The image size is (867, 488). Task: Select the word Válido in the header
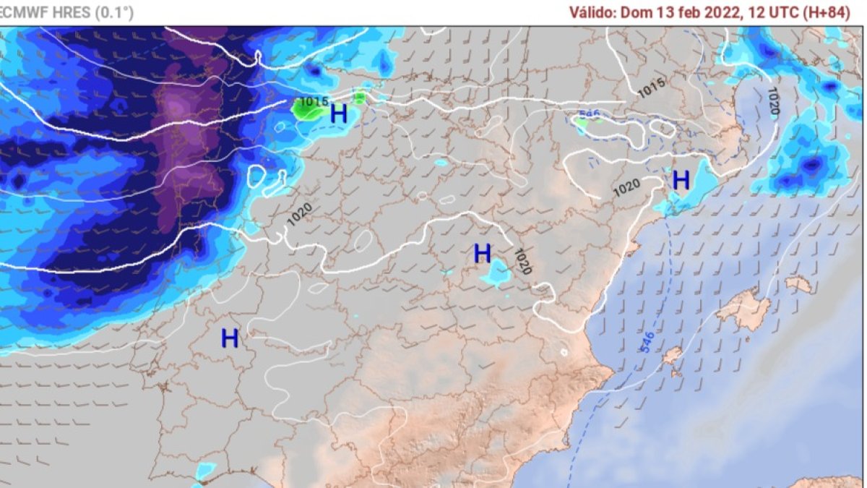[591, 13]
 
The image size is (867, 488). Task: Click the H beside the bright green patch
[339, 114]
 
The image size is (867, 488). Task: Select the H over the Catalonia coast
[681, 180]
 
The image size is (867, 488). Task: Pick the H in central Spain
[482, 254]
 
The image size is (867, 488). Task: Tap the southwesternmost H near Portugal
[230, 338]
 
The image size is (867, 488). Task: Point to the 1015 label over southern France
[650, 87]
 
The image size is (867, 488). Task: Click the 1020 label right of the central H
[522, 262]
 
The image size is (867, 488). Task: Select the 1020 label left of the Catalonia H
[626, 187]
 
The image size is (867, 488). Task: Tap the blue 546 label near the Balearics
[647, 342]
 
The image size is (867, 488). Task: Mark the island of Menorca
[799, 284]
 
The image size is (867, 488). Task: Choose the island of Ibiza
[673, 355]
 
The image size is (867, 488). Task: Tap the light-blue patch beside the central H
[497, 274]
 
